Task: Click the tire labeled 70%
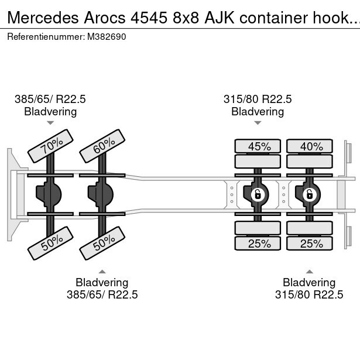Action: click(52, 146)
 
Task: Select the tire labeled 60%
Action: click(104, 146)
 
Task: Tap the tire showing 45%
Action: click(258, 146)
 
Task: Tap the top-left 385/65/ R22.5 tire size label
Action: click(50, 100)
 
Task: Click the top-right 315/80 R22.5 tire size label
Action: click(258, 100)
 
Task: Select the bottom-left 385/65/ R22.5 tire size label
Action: click(102, 294)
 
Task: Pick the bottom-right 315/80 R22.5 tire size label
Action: click(309, 294)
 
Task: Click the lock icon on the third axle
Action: click(256, 194)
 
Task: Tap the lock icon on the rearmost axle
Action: click(308, 194)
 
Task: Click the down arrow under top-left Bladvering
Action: click(50, 123)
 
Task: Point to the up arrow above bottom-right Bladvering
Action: click(309, 271)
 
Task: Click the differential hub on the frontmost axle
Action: click(49, 193)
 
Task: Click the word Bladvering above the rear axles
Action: click(258, 111)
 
